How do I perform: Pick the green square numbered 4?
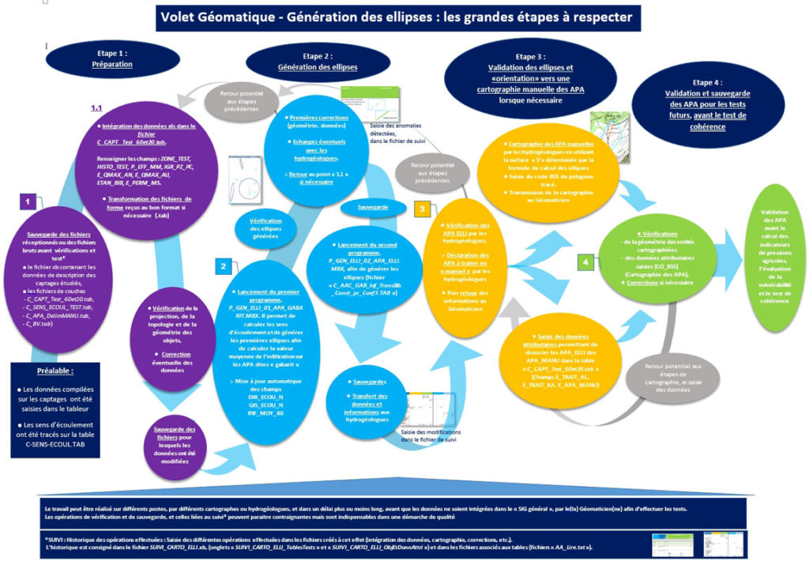(x=585, y=260)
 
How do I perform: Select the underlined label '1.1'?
(x=97, y=107)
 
